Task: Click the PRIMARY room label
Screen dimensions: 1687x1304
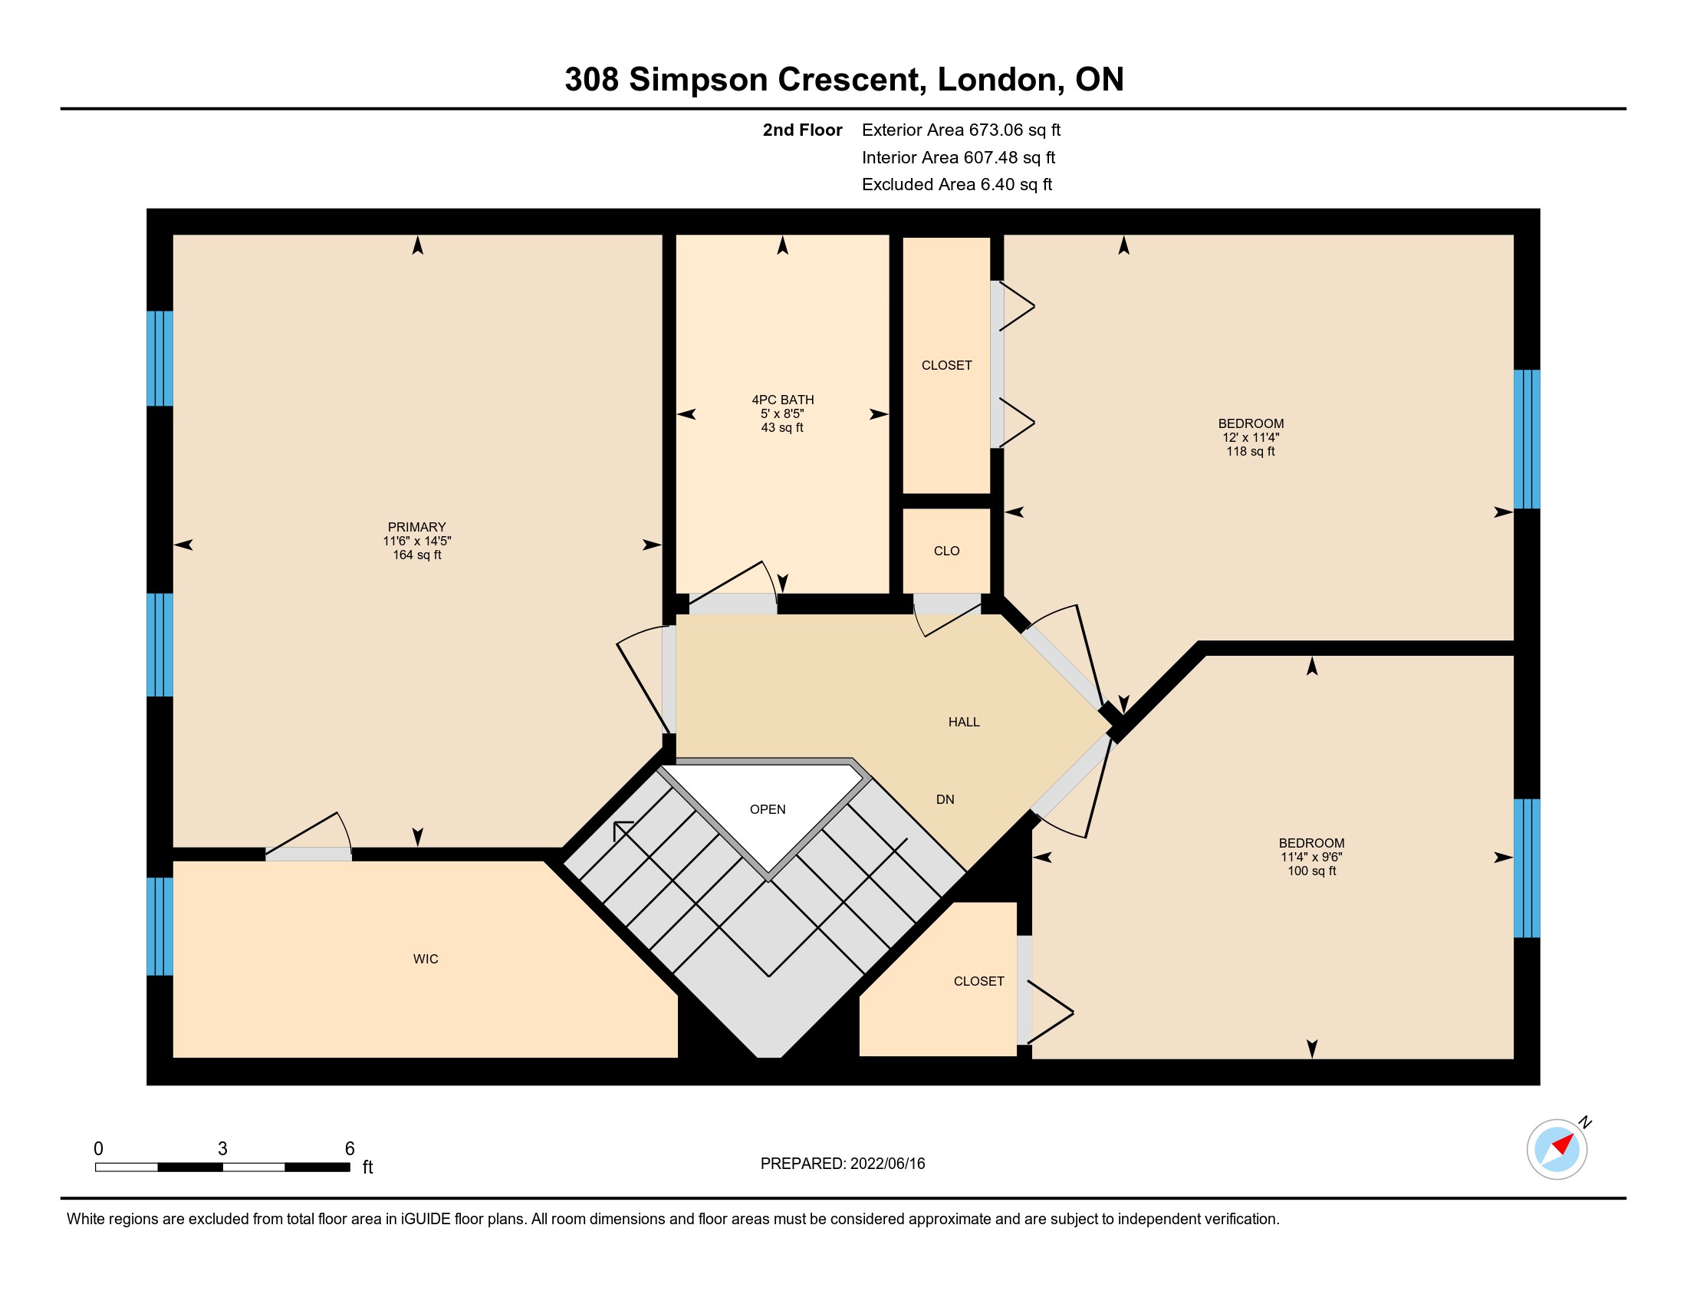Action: point(416,527)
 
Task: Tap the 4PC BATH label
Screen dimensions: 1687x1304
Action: point(782,400)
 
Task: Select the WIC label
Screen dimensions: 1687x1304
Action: point(426,959)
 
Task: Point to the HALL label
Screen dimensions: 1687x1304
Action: point(964,722)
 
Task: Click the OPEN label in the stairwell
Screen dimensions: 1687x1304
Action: point(768,808)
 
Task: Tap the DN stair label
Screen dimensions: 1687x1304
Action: point(945,799)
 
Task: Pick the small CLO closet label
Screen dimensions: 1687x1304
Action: point(946,551)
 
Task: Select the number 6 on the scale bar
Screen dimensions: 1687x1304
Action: point(350,1148)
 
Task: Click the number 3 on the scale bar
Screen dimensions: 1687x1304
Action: point(222,1148)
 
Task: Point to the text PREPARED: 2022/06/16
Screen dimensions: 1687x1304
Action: point(843,1164)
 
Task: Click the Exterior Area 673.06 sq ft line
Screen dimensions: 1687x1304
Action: point(961,130)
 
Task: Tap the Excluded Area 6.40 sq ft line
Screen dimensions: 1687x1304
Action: point(957,184)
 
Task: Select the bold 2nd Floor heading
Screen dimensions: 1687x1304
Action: point(803,130)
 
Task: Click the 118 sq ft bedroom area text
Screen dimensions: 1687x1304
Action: point(1251,451)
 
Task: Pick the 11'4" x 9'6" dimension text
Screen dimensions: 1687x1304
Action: point(1311,857)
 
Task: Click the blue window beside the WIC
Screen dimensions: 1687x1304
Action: point(160,927)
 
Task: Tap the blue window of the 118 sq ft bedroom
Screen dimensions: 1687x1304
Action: point(1526,439)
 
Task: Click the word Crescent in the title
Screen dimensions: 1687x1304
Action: point(852,80)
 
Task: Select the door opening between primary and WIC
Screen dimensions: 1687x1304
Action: point(309,854)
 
